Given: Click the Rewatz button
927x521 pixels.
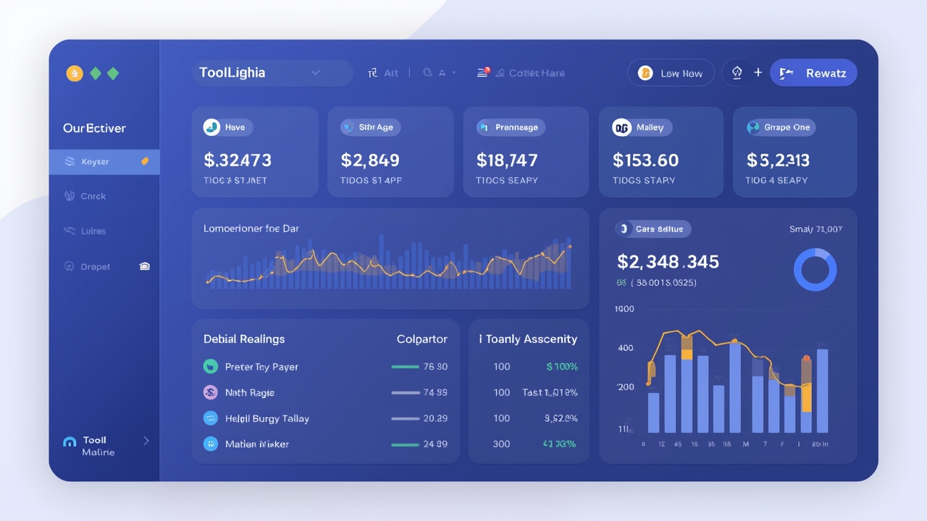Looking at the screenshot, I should (x=813, y=73).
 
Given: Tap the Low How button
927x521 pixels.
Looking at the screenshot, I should (x=671, y=73).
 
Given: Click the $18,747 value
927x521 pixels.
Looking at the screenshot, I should (x=507, y=160).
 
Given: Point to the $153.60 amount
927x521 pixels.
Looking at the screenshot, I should (x=645, y=160).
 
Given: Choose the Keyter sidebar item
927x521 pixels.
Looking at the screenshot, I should (x=104, y=162).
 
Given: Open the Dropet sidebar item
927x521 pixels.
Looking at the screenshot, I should (x=96, y=267).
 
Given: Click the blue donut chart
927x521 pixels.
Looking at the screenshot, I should (x=815, y=271).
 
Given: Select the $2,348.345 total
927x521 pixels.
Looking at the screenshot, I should (x=668, y=261).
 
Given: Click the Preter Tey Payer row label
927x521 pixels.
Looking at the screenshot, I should (x=261, y=367).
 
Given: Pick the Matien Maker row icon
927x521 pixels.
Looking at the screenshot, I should (x=211, y=444).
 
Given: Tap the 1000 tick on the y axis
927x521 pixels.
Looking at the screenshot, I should (x=624, y=309).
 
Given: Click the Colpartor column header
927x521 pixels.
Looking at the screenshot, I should (x=421, y=339).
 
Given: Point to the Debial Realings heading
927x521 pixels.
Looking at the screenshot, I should (x=244, y=339).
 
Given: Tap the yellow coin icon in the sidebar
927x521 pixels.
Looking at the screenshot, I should (x=74, y=73).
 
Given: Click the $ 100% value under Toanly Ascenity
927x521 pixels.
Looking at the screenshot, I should (x=562, y=367).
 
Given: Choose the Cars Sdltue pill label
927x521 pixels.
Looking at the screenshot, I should (x=654, y=229).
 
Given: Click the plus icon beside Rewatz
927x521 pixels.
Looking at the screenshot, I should (x=758, y=73).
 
